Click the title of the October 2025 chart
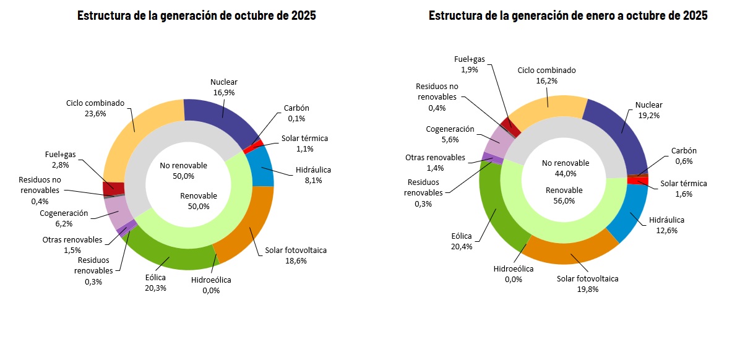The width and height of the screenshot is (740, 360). click(196, 15)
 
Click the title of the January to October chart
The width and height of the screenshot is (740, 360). click(567, 15)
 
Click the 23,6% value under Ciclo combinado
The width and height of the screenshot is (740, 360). click(95, 114)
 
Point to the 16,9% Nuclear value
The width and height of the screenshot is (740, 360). click(223, 92)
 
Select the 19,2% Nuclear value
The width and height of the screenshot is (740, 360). click(648, 115)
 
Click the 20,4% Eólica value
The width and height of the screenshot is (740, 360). click(462, 246)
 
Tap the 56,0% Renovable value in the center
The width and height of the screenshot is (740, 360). click(564, 201)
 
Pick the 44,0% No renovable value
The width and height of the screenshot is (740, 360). click(564, 174)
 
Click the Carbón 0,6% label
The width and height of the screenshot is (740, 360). click(684, 156)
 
